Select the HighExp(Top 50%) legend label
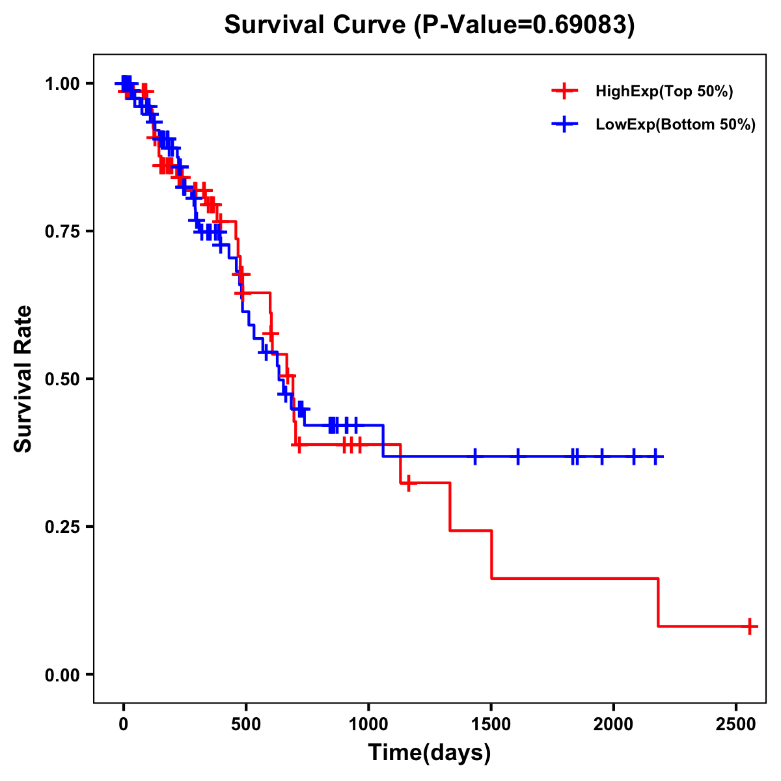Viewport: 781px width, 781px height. point(664,92)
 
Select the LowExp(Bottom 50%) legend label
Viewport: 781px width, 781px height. point(676,125)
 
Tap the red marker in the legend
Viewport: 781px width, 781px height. point(564,92)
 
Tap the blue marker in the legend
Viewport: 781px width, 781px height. point(564,125)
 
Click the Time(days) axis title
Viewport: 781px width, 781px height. point(430,752)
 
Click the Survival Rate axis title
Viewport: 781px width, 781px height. point(23,379)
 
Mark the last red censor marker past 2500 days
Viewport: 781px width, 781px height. point(750,626)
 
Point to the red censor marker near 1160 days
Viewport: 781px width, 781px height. point(408,483)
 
